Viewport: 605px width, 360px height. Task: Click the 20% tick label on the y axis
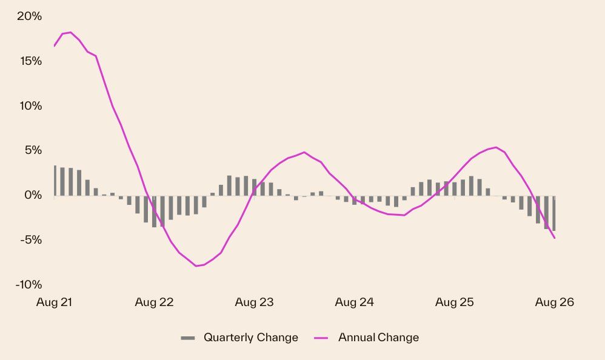click(29, 16)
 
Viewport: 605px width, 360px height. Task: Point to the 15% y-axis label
click(31, 61)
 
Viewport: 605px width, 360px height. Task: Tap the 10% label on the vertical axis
click(30, 105)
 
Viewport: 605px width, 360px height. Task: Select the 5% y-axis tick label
click(33, 150)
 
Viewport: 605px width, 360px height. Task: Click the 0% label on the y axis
click(33, 195)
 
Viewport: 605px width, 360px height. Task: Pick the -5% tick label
click(32, 239)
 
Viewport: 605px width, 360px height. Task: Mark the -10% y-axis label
click(28, 284)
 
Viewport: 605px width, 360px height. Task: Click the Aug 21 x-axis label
click(55, 302)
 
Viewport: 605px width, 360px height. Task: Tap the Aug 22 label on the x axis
click(155, 302)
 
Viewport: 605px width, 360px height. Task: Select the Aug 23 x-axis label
click(254, 302)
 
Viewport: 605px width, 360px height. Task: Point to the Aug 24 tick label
click(354, 302)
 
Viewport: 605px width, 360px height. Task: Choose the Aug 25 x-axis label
click(455, 302)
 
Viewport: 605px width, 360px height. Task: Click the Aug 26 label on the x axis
click(555, 302)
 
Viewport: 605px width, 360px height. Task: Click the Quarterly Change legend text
click(251, 338)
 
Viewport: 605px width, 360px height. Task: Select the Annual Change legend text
click(378, 338)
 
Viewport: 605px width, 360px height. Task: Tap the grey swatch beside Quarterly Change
click(188, 338)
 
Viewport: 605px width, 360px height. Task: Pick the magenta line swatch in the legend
click(321, 338)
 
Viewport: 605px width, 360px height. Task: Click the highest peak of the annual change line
click(70, 32)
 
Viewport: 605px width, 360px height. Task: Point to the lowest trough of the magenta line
click(196, 266)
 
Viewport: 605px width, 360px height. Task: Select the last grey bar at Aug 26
click(554, 213)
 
